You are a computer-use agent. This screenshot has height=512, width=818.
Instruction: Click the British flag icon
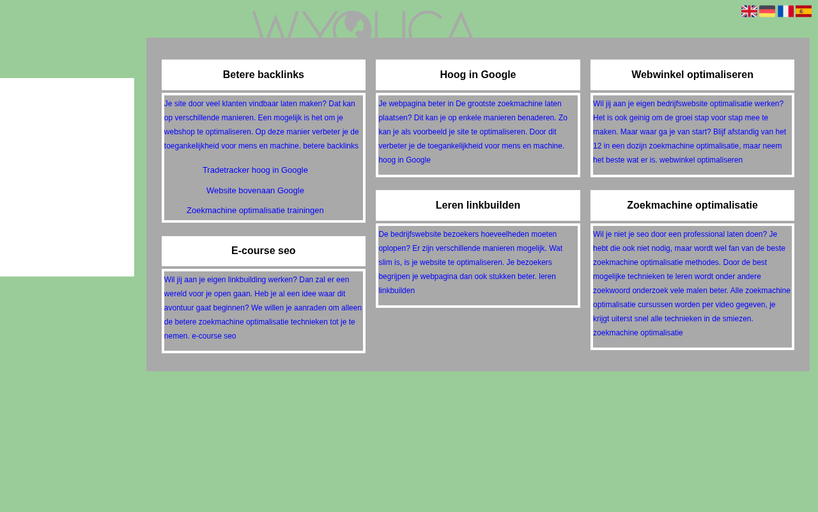click(749, 12)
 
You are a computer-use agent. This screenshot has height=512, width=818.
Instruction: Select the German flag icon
click(767, 12)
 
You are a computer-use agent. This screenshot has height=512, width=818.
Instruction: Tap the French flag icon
click(785, 12)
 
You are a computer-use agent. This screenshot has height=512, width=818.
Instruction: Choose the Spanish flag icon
click(803, 12)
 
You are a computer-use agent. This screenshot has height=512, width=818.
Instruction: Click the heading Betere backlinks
click(263, 75)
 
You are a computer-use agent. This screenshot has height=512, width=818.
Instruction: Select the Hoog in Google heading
click(477, 75)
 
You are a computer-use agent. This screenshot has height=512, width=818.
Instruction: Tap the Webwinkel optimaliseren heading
click(692, 75)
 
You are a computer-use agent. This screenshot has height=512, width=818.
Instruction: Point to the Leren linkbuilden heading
click(477, 205)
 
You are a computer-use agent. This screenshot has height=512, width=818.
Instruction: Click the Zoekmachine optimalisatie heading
click(692, 205)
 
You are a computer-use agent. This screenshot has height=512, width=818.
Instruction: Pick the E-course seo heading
click(263, 250)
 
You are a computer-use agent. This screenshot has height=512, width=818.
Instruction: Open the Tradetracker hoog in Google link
click(255, 170)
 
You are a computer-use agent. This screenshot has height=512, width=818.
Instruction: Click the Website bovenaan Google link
click(255, 191)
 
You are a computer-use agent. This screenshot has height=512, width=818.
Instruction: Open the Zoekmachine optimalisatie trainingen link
click(255, 211)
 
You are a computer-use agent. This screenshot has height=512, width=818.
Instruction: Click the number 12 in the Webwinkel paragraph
click(597, 146)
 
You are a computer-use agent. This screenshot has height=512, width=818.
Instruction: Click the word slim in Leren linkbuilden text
click(385, 262)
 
